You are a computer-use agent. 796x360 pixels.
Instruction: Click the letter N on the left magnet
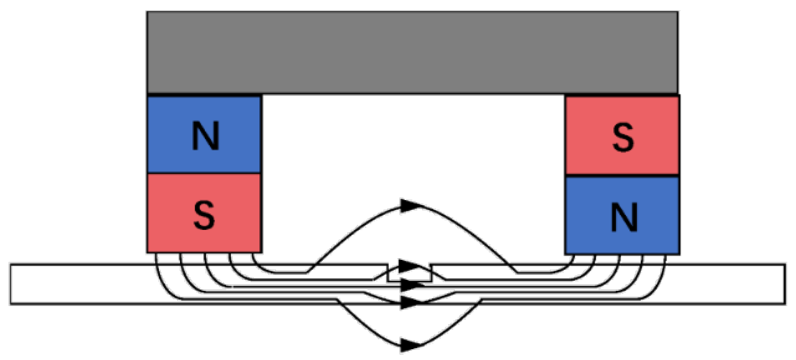[205, 136]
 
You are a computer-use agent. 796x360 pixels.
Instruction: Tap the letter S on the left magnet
[204, 215]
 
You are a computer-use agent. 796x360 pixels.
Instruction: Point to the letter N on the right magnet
[624, 217]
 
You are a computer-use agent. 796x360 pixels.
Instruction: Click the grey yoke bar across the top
[412, 52]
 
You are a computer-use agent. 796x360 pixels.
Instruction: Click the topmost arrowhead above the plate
[409, 206]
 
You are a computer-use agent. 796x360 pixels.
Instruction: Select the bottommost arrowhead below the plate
[409, 345]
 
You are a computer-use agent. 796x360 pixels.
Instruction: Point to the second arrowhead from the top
[409, 266]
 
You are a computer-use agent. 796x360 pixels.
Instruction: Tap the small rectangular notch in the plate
[409, 275]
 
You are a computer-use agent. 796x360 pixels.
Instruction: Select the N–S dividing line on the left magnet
[204, 174]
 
